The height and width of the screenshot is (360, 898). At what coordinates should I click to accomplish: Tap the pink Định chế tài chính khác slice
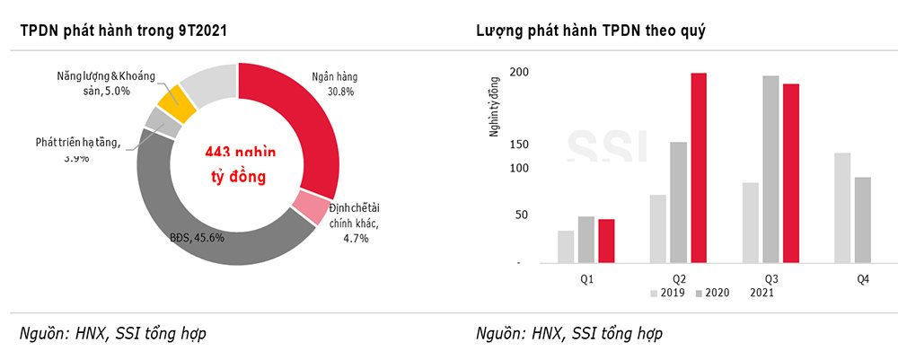click(x=312, y=208)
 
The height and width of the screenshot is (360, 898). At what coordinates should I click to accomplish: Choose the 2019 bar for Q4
click(x=841, y=207)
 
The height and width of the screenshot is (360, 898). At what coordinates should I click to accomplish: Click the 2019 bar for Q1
click(x=565, y=247)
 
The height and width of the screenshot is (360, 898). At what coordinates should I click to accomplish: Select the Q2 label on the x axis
click(x=678, y=280)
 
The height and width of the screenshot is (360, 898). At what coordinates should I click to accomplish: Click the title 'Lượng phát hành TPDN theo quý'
click(x=591, y=31)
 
